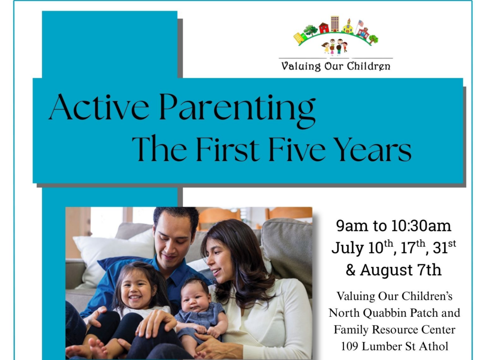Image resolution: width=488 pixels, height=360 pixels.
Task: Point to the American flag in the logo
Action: pyautogui.click(x=360, y=24)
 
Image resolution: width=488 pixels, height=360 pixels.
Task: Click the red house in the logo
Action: pyautogui.click(x=324, y=28)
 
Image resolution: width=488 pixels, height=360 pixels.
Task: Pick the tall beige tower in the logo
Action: pyautogui.click(x=335, y=24)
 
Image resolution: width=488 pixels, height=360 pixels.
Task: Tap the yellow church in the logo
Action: pyautogui.click(x=348, y=27)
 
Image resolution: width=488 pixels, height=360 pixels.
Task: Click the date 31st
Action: pyautogui.click(x=444, y=248)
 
